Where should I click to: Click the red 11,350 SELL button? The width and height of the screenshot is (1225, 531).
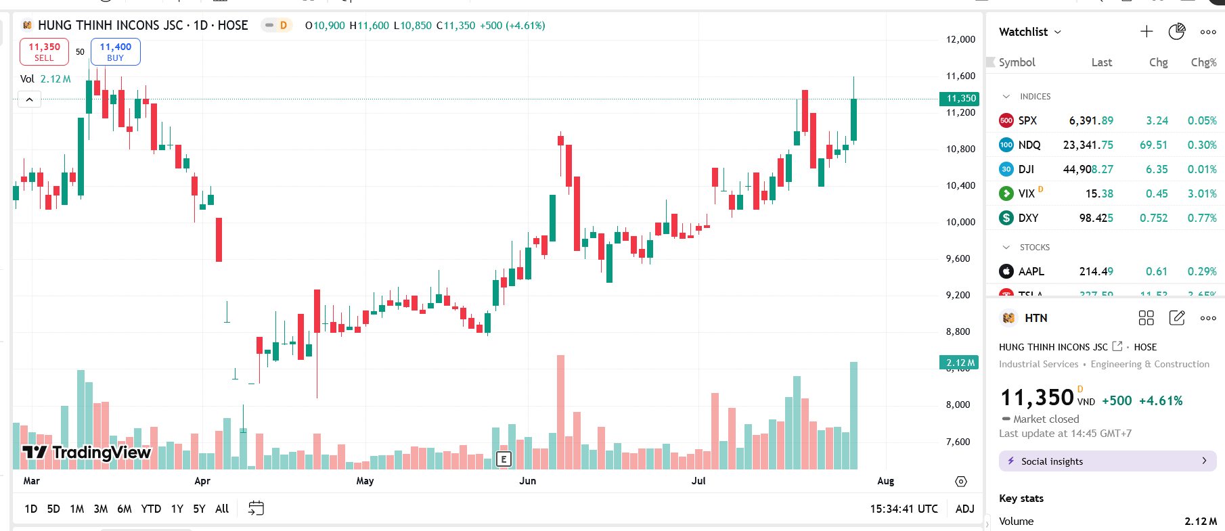[44, 51]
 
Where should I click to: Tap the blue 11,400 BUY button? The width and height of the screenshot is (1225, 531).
[116, 51]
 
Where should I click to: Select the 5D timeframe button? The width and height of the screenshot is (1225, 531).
[53, 509]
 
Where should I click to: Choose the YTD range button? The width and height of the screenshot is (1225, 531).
[151, 509]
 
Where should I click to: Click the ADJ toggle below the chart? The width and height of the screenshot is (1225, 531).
[964, 509]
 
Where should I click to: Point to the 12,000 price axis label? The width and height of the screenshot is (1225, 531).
[960, 39]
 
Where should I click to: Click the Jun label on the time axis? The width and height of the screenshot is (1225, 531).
[527, 481]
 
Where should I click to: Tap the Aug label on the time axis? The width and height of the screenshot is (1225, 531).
[885, 481]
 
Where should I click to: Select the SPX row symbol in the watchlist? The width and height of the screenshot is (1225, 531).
[1027, 120]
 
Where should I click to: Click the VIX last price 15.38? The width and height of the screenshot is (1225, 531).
[1099, 193]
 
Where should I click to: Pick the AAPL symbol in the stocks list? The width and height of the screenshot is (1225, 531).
[1031, 271]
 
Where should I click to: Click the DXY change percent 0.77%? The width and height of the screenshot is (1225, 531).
[1202, 218]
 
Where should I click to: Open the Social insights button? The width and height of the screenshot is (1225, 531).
[1107, 461]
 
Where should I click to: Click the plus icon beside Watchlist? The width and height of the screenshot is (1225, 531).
[1146, 32]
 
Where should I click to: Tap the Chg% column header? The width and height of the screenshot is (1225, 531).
[1203, 62]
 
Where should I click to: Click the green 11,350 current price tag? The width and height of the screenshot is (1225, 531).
[960, 99]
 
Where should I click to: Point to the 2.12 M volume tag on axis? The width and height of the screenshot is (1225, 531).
[960, 363]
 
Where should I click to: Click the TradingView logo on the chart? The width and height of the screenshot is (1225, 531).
[87, 452]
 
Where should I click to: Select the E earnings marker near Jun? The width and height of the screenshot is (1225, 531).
[504, 459]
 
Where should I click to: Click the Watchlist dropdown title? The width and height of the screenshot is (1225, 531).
[1029, 32]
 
